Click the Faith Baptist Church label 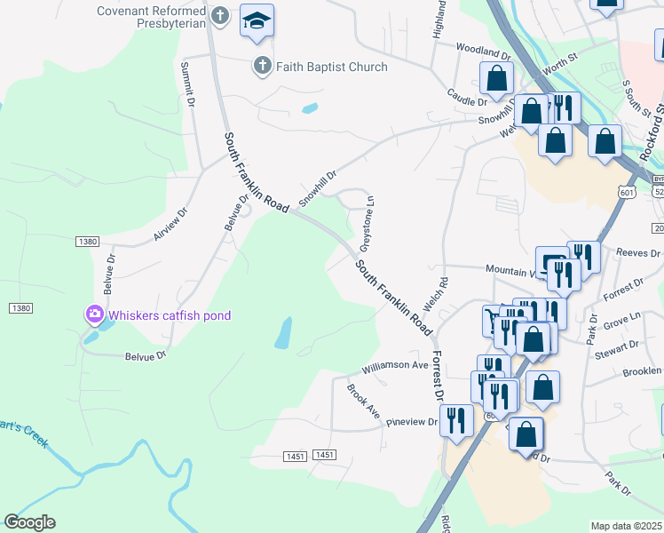point(331,67)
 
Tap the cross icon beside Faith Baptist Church point(262,66)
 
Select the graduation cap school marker point(257,20)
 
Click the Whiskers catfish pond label point(170,314)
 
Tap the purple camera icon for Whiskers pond point(94,314)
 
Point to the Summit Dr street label point(188,84)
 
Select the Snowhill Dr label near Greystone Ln point(318,188)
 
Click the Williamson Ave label point(395,365)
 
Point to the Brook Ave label point(363,402)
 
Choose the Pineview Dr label point(412,422)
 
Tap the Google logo point(29,522)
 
